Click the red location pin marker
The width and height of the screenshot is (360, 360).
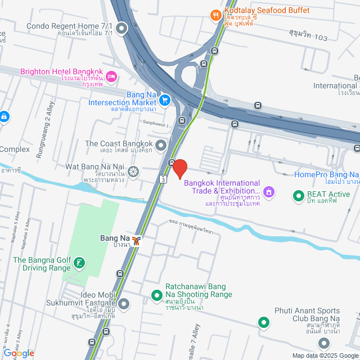pos(179,168)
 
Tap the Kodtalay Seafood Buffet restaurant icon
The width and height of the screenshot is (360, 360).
pos(215,15)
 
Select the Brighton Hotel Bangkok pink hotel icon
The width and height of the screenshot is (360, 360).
pos(111,75)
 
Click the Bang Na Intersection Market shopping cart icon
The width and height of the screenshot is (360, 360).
pos(164,100)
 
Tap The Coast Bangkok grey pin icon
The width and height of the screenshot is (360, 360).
pos(161,146)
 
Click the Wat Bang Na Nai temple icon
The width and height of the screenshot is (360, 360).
pos(133,171)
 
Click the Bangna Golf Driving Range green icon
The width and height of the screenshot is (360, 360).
pos(80,263)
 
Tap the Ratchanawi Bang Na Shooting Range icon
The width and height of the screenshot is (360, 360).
pos(157,295)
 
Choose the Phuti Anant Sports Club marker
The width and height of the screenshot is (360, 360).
pos(263,322)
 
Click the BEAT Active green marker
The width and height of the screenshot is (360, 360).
pos(298,196)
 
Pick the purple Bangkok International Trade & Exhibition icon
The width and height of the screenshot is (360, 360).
pos(269,192)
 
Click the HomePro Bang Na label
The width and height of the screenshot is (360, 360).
pos(326,175)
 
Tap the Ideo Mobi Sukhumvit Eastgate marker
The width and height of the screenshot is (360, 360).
pos(124,304)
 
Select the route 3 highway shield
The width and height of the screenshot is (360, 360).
pos(163,179)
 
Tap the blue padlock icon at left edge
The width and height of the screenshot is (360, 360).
pos(4,116)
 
